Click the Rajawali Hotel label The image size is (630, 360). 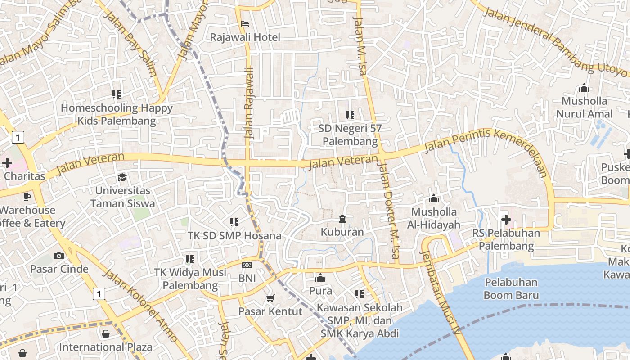coord(245,37)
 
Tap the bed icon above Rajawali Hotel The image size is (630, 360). coord(245,24)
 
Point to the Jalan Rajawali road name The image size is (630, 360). coord(249,103)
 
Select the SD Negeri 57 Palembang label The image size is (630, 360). coord(350,135)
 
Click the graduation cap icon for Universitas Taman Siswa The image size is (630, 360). coord(122,178)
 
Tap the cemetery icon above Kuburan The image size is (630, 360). coord(342,219)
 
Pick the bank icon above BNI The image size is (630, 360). coord(247,265)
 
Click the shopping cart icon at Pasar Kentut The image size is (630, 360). coord(270,298)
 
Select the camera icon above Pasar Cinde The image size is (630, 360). coord(59,256)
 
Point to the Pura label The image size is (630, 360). coord(320,291)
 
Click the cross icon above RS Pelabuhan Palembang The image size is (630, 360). coord(506,220)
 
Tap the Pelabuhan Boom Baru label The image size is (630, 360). coord(511,289)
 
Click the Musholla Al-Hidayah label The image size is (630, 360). coord(434,218)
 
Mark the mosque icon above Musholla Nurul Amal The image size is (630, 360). coord(584,88)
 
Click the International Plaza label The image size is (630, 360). coord(106,347)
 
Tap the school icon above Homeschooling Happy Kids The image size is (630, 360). coord(117,94)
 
